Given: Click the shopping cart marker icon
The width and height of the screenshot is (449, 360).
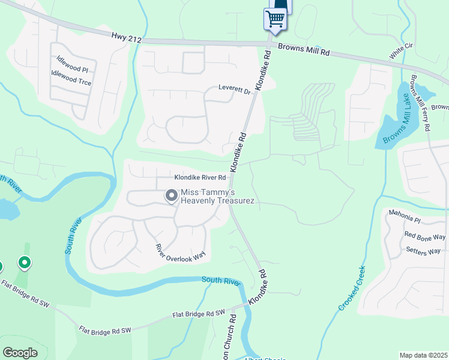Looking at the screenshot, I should point(275,19).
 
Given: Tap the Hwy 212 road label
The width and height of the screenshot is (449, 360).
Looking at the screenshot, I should point(126,38).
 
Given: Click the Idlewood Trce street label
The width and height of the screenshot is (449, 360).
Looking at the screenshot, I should point(71,78).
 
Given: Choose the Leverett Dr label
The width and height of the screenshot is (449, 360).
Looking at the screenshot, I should point(234,91).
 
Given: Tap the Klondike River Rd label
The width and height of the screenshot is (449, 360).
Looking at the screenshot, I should point(200,178).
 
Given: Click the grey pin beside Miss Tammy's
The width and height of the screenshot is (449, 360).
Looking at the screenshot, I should point(171,196).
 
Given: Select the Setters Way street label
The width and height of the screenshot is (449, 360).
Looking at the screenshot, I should point(423,250).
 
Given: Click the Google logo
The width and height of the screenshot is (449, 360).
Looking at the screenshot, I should point(20,353).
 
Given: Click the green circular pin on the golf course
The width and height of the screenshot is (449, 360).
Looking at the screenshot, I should point(25,262).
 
